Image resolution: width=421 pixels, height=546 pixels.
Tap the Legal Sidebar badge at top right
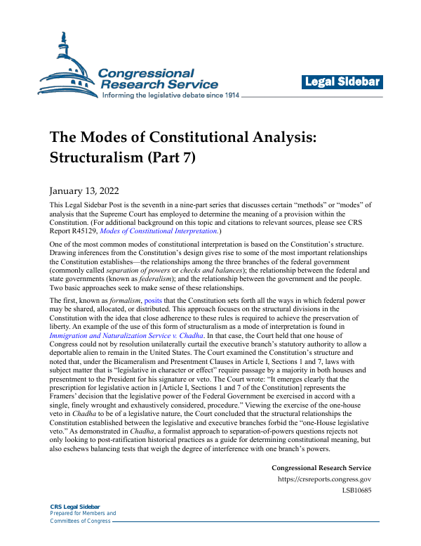(x=342, y=82)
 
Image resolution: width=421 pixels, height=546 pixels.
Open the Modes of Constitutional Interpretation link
(x=179, y=231)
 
